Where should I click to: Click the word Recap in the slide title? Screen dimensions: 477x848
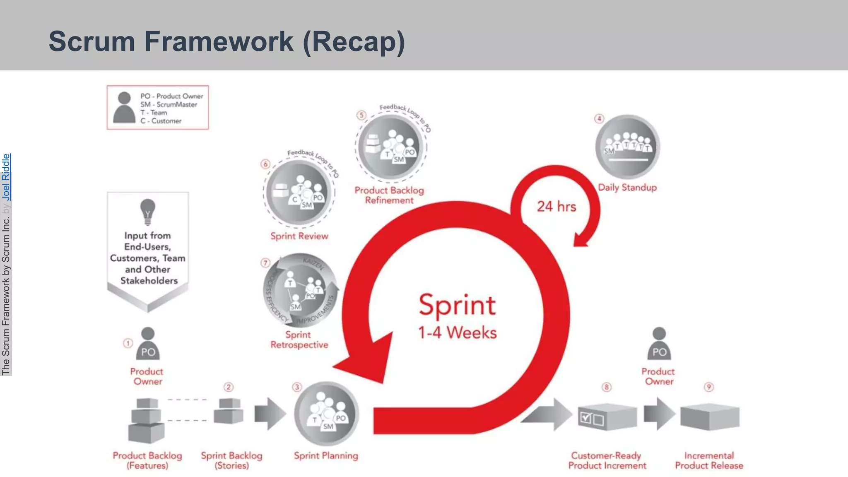click(x=354, y=41)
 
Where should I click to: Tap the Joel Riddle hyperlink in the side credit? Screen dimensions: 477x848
click(x=6, y=177)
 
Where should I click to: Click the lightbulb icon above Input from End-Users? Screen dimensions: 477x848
click(x=148, y=212)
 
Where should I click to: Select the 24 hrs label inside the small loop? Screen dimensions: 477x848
click(x=556, y=206)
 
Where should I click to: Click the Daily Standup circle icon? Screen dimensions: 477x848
click(x=627, y=147)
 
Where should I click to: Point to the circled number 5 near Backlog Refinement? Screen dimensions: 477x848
click(x=361, y=115)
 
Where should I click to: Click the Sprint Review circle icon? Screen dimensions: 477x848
click(x=299, y=193)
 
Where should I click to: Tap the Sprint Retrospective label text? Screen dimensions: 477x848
click(x=299, y=340)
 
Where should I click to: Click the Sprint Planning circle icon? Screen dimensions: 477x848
click(x=326, y=414)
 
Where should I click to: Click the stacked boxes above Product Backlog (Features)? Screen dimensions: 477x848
click(x=146, y=420)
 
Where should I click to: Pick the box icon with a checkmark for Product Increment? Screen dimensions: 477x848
click(x=607, y=417)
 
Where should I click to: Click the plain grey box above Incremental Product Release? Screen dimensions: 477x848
click(x=710, y=417)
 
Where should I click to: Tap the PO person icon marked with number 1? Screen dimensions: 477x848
click(x=148, y=344)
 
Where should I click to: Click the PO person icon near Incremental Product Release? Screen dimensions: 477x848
click(x=659, y=344)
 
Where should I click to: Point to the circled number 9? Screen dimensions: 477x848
click(x=709, y=387)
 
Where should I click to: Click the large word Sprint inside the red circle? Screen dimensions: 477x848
click(x=457, y=305)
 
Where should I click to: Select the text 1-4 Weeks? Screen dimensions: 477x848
click(x=457, y=332)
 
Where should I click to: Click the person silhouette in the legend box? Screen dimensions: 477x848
click(x=124, y=108)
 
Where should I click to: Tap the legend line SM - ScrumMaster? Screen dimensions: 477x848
click(x=169, y=104)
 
